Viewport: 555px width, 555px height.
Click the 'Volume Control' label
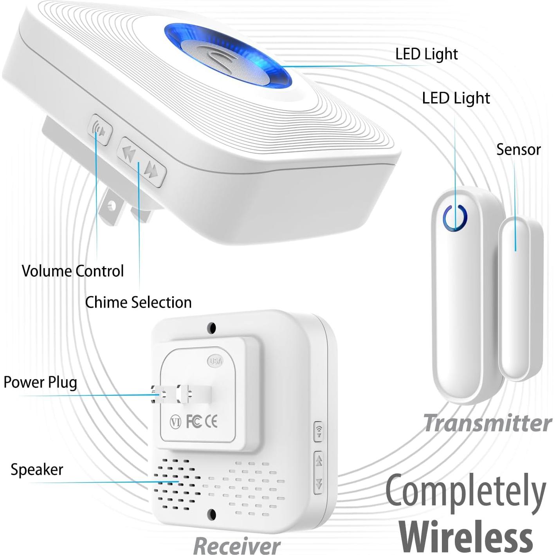pos(73,271)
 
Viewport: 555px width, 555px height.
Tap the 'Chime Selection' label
pos(138,302)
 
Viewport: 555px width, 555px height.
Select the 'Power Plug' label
pos(40,382)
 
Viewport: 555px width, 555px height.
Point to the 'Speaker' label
pos(37,469)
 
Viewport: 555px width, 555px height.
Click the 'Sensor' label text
pos(518,150)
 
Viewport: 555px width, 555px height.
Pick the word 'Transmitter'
pos(487,423)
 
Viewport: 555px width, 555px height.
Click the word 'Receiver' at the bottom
pos(237,545)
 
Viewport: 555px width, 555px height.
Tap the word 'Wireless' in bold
pos(466,536)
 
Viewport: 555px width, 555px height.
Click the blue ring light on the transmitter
pos(455,216)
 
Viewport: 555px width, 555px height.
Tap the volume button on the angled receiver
pos(99,130)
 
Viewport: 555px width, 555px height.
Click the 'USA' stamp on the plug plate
pos(215,361)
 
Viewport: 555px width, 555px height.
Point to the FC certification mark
pos(194,421)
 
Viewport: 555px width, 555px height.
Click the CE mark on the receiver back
pos(211,421)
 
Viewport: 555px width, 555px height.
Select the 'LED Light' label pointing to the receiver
pos(426,54)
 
